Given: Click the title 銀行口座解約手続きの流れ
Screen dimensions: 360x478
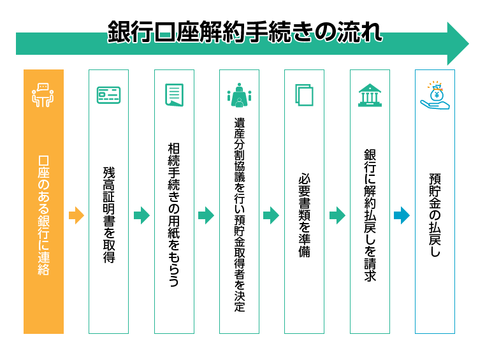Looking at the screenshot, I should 245,31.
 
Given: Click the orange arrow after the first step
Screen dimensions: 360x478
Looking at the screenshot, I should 76,215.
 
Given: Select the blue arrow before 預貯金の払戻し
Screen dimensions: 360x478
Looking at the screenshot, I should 402,215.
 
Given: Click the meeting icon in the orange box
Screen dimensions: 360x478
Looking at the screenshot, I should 43,94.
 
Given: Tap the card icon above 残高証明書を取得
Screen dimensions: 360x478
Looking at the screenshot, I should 108,95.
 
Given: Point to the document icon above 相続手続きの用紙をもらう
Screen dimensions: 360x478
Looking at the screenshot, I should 174,95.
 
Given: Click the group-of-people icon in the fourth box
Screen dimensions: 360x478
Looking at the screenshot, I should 239,96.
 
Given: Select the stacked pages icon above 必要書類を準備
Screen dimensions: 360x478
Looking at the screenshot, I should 304,95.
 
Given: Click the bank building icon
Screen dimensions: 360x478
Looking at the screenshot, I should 370,95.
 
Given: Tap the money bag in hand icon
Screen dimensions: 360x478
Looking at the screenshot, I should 435,96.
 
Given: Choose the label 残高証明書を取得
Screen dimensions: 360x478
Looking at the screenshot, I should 108,215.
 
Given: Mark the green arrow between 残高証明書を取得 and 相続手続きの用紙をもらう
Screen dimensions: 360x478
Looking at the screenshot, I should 141,215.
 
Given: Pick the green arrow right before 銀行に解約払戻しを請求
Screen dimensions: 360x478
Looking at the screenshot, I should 337,215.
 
